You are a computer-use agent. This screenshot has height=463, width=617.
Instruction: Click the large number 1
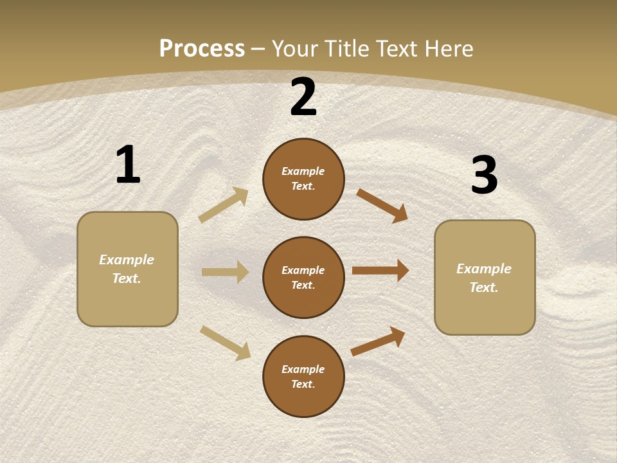[x=128, y=165]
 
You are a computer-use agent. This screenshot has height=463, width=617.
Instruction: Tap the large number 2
[x=303, y=98]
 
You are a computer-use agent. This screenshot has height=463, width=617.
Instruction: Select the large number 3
[x=484, y=175]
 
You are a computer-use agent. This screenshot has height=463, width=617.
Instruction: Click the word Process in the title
[x=202, y=48]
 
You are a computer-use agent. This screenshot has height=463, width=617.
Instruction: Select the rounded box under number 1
[x=127, y=269]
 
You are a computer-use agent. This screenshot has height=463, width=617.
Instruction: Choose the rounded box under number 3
[x=485, y=277]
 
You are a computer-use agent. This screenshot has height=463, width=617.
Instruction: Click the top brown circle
[x=303, y=179]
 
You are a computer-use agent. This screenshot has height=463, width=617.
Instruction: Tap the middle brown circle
[x=303, y=277]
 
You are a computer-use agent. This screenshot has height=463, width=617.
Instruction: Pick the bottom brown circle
[x=303, y=376]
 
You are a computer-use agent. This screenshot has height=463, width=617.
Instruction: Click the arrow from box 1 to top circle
[x=223, y=204]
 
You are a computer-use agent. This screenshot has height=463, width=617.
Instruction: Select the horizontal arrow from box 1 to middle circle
[x=225, y=272]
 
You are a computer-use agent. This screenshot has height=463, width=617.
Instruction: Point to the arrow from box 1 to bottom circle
[x=225, y=342]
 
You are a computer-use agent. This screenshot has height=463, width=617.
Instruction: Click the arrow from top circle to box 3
[x=382, y=205]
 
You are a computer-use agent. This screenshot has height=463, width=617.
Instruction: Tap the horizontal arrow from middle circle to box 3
[x=380, y=271]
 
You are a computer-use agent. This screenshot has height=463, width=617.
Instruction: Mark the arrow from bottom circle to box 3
[x=378, y=341]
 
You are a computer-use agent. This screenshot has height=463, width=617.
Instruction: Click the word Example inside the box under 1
[x=127, y=260]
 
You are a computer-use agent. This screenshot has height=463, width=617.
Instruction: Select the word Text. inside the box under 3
[x=484, y=287]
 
